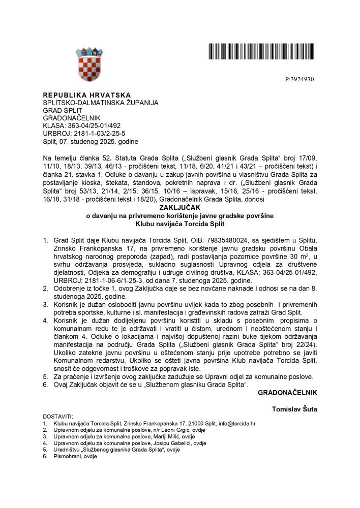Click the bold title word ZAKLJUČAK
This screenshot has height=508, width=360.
point(180,208)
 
